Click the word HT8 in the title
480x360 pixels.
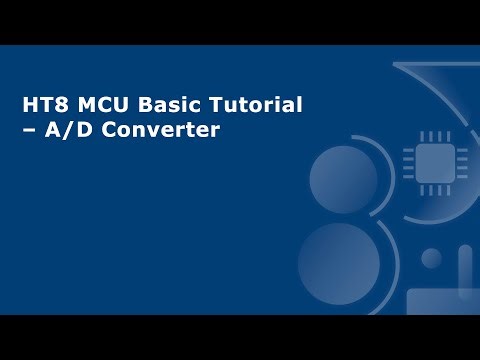click(43, 105)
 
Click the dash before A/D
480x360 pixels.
click(30, 130)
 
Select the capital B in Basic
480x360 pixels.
click(134, 105)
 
